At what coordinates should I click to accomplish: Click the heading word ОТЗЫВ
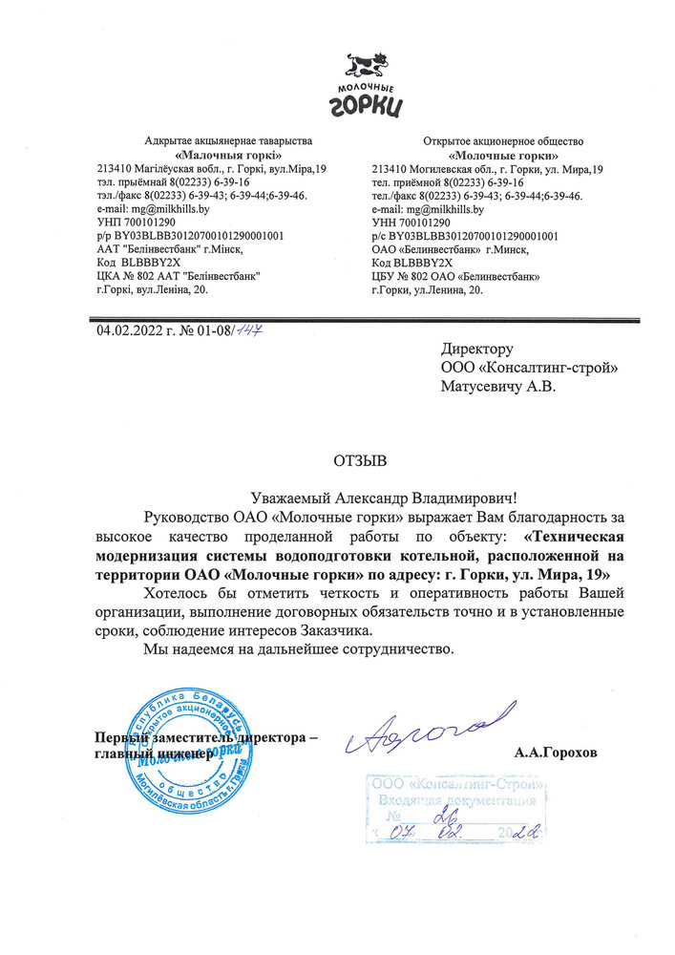360,462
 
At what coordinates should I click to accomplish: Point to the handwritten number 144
250,330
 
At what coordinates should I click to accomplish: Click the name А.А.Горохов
556,753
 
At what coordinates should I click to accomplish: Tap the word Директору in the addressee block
476,350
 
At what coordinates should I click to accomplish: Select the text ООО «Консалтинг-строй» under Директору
528,368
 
